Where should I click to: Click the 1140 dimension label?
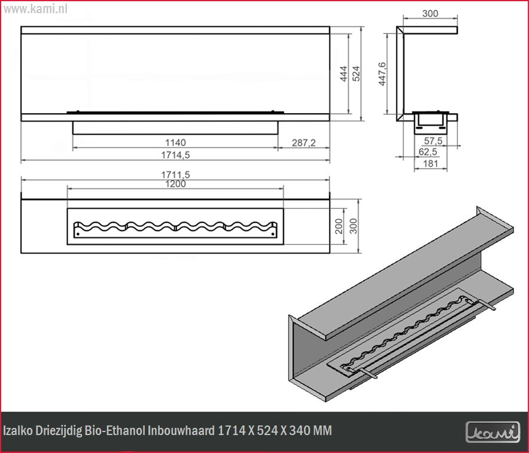pyautogui.click(x=175, y=142)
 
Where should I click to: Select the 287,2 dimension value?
pyautogui.click(x=303, y=142)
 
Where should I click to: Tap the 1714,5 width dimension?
pyautogui.click(x=175, y=155)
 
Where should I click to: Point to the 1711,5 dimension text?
pyautogui.click(x=175, y=174)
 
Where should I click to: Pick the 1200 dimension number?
pyautogui.click(x=175, y=184)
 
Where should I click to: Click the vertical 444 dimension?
pyautogui.click(x=343, y=74)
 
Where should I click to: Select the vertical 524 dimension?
pyautogui.click(x=356, y=74)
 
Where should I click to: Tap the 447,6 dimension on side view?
pyautogui.click(x=382, y=74)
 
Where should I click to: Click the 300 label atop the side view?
pyautogui.click(x=430, y=14)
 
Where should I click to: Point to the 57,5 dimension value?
pyautogui.click(x=433, y=140)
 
